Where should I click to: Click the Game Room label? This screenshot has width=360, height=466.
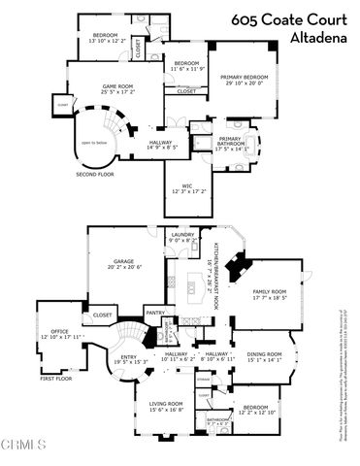(x=118, y=89)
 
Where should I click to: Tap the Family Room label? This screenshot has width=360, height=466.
(x=271, y=294)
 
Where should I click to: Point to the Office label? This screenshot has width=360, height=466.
(x=60, y=334)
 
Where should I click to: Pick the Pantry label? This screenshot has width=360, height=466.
(x=153, y=313)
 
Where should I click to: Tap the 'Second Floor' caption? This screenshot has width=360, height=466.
(x=94, y=175)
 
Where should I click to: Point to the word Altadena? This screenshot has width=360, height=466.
(x=318, y=40)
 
